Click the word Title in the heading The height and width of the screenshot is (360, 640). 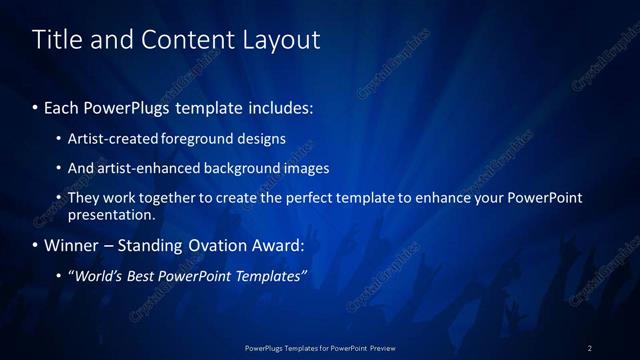[x=55, y=40]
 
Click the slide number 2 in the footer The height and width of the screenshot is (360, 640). [x=590, y=347]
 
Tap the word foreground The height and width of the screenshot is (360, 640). [x=195, y=138]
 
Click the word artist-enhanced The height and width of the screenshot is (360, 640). [x=140, y=168]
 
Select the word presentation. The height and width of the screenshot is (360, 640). [x=111, y=214]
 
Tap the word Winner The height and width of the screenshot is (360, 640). [x=74, y=245]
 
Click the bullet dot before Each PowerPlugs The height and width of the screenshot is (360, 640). [x=36, y=107]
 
